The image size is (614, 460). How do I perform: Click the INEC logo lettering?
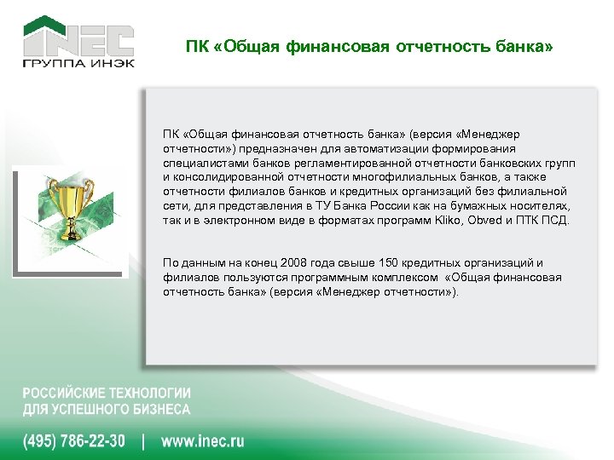[x=78, y=39]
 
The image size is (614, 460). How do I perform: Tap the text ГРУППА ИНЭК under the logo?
[x=78, y=65]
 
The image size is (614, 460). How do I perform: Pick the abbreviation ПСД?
[x=554, y=221]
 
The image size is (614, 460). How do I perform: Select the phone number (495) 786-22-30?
[x=74, y=441]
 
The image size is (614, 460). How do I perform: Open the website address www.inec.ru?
[x=202, y=441]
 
